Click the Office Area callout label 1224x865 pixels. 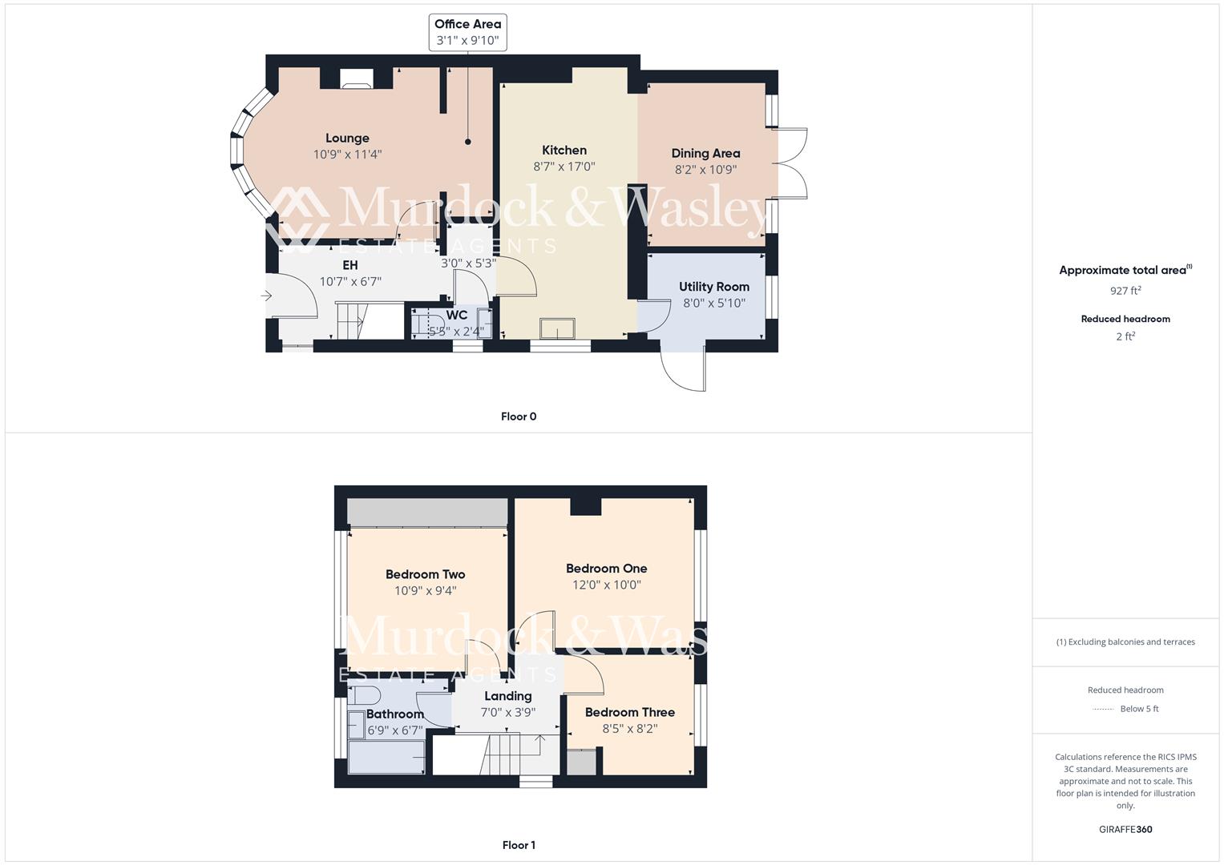click(467, 32)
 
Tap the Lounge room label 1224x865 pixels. click(347, 139)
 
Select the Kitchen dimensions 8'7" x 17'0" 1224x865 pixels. click(564, 167)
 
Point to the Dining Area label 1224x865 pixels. click(705, 153)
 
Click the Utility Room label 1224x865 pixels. click(713, 287)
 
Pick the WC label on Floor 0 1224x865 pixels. click(456, 316)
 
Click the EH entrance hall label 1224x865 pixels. click(350, 265)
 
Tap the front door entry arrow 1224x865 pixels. click(267, 296)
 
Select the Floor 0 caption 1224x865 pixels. click(519, 416)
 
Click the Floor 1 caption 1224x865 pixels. click(519, 845)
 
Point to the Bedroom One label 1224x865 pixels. click(606, 569)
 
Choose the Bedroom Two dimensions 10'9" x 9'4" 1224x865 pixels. click(425, 591)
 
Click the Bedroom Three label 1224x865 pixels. click(629, 712)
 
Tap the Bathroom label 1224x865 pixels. click(394, 714)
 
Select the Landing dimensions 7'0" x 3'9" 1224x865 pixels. click(507, 712)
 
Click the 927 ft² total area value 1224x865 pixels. click(1125, 291)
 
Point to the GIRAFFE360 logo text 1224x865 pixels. click(1125, 829)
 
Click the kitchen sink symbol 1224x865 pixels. click(557, 328)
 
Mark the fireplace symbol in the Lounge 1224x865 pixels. click(356, 78)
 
